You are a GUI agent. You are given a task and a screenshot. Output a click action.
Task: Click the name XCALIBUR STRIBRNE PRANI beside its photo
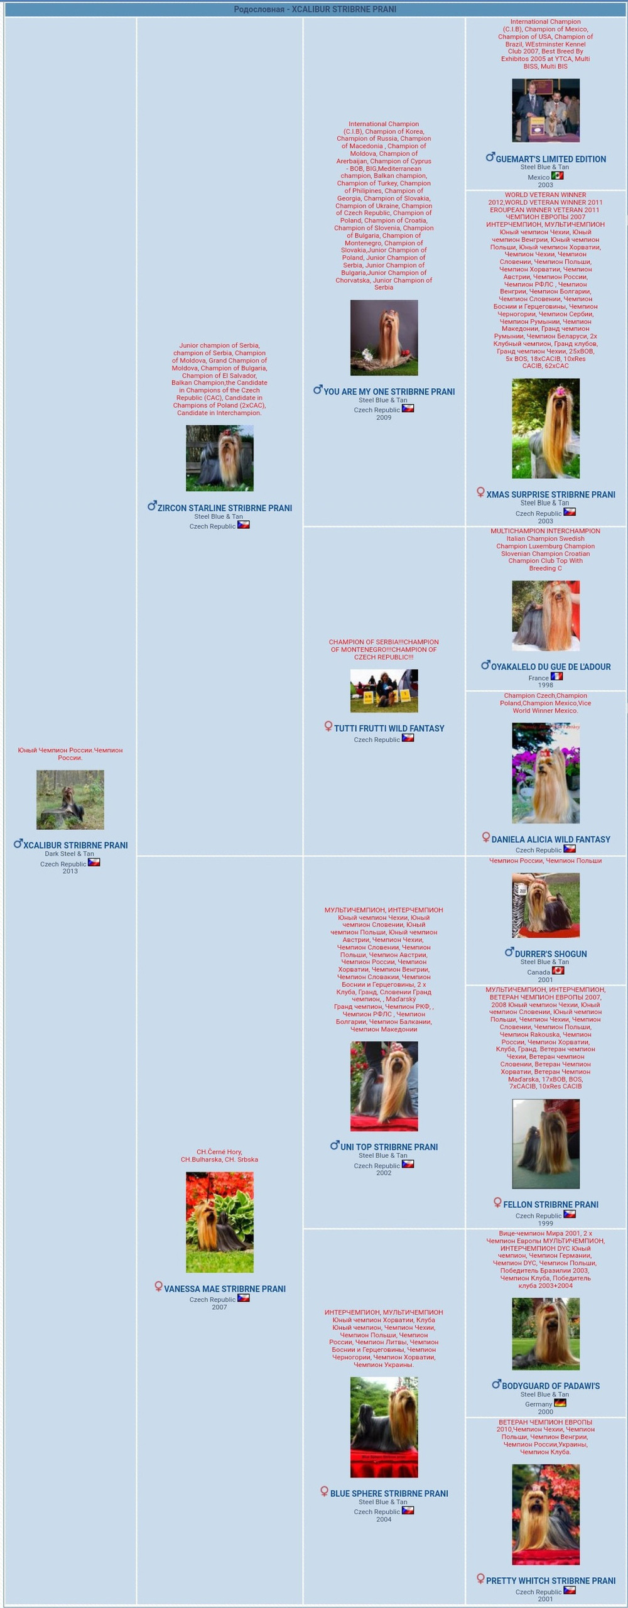click(x=75, y=845)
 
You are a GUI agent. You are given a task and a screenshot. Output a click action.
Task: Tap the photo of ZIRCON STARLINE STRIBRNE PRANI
click(x=219, y=458)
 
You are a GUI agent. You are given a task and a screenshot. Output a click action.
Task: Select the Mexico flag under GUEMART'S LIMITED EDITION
click(x=558, y=177)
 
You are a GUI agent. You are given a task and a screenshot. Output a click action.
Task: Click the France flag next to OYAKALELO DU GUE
click(x=556, y=676)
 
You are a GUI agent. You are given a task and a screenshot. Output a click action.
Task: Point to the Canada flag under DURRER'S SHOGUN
click(x=558, y=970)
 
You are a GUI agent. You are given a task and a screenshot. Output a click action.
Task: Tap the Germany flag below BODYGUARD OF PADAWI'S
click(x=560, y=1403)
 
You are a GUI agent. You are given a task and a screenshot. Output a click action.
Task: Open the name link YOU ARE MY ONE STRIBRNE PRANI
click(x=389, y=391)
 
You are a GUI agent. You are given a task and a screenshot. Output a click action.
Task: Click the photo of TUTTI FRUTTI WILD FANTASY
click(x=384, y=690)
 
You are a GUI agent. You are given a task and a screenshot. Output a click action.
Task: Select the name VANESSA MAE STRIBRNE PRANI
click(x=225, y=1289)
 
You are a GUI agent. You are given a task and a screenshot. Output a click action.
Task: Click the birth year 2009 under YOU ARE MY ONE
click(x=384, y=418)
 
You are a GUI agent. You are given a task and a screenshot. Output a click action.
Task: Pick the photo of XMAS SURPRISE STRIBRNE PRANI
click(x=545, y=428)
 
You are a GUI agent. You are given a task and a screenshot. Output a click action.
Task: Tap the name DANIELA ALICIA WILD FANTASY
click(x=551, y=839)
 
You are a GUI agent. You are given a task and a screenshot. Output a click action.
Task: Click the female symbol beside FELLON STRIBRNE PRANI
click(x=497, y=1203)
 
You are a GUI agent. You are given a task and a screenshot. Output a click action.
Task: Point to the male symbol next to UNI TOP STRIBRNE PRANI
click(x=335, y=1145)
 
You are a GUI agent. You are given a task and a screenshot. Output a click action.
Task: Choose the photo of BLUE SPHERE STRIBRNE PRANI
click(x=384, y=1426)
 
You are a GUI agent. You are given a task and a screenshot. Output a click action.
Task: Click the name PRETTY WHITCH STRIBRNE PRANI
click(x=551, y=1580)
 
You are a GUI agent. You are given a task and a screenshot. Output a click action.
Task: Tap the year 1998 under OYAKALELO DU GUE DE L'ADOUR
click(x=545, y=685)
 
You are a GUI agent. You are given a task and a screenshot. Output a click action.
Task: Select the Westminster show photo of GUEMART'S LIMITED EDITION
click(x=545, y=110)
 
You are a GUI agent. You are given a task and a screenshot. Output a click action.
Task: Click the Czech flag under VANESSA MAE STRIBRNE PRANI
click(x=243, y=1298)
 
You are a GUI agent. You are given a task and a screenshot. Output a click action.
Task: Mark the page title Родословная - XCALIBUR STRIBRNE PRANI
click(x=315, y=9)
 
